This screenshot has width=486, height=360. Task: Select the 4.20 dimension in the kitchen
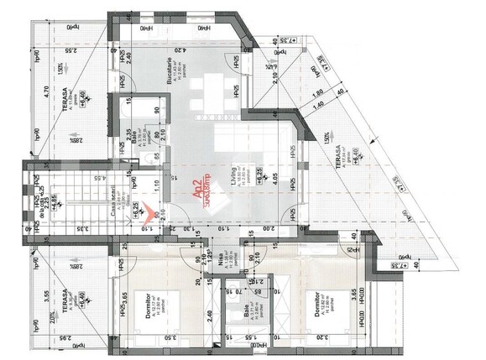pos(183,49)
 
